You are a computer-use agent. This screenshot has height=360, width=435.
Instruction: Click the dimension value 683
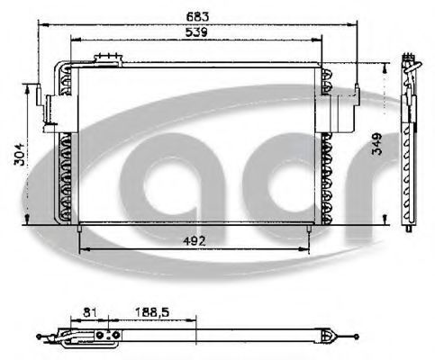click(x=197, y=16)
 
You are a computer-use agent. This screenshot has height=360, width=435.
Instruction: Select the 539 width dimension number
click(x=196, y=32)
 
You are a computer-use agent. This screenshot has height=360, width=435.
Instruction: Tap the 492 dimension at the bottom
click(x=195, y=241)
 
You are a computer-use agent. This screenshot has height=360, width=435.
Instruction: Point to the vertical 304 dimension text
click(x=19, y=154)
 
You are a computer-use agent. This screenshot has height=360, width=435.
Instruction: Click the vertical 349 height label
click(x=377, y=144)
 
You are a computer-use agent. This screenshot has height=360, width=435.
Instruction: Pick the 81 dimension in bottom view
click(x=90, y=312)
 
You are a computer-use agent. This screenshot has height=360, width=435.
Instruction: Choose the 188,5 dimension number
click(x=152, y=312)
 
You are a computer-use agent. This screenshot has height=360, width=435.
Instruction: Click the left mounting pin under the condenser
click(x=79, y=229)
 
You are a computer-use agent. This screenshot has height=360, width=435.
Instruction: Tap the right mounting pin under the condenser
click(x=309, y=229)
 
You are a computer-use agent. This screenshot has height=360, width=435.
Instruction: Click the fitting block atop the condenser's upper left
click(x=108, y=59)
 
